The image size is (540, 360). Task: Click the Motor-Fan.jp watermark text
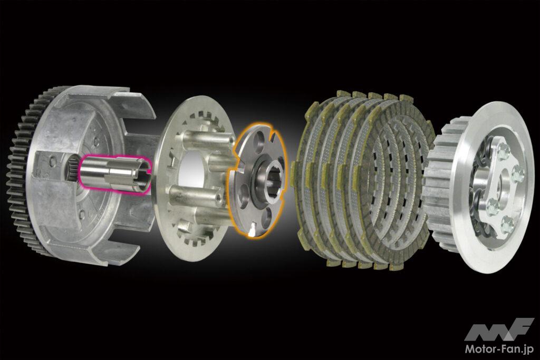499,349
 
